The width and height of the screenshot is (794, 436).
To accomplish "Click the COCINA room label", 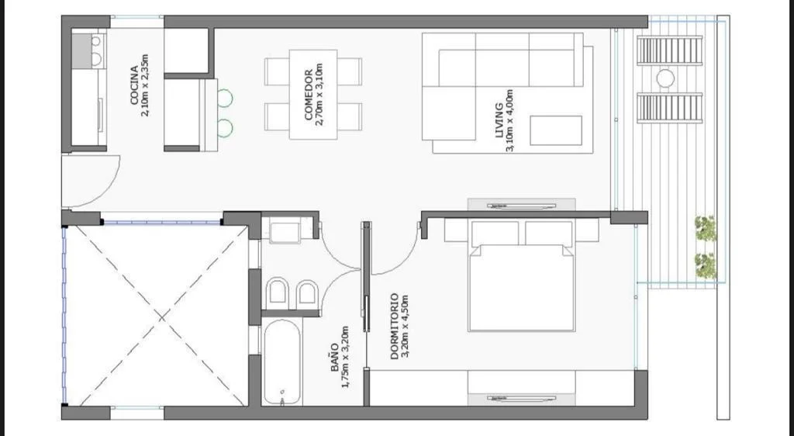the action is tap(134, 85).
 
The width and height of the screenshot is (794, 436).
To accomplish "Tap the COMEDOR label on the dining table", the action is tap(309, 95).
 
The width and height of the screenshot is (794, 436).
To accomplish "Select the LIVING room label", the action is tap(499, 120).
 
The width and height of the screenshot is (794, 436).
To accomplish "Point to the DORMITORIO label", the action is tap(395, 327).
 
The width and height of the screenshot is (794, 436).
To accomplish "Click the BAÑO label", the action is tap(335, 358).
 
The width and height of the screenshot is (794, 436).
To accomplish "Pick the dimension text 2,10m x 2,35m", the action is tap(145, 85).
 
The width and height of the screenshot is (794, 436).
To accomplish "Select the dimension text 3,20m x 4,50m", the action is tap(405, 327).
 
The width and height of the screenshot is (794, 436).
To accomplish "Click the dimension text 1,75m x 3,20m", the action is tap(345, 358).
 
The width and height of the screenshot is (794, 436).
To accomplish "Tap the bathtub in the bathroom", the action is tap(282, 362).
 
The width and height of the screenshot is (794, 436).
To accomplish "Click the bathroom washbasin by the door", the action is tap(285, 232).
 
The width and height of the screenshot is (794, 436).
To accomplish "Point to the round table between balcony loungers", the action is tap(665, 79).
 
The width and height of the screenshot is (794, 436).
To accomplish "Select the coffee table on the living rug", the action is tap(556, 130).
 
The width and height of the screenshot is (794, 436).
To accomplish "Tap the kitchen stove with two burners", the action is tap(88, 50).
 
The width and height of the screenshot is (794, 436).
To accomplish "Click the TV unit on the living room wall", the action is tap(522, 205).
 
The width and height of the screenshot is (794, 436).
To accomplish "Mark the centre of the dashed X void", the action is tap(161, 317).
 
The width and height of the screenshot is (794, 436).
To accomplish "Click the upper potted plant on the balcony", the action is tap(706, 228).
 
